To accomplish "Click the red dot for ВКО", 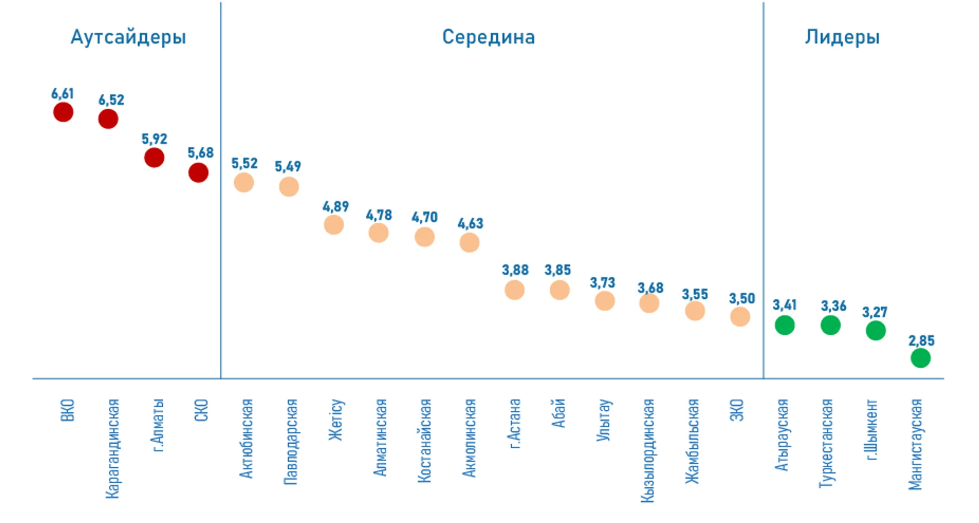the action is [x=63, y=112].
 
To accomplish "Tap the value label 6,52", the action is [x=111, y=100].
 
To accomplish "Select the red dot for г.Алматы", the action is [x=154, y=158].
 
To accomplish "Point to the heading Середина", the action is [x=489, y=37].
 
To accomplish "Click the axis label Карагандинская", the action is [x=112, y=449].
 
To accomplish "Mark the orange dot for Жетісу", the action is [x=334, y=225].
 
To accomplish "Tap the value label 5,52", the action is [x=244, y=163].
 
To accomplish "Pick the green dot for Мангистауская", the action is [x=921, y=358].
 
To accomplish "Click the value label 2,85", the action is [x=921, y=341].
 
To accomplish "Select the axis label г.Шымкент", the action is [x=872, y=430].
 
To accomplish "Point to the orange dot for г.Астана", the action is [x=514, y=290].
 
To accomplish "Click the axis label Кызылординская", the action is [x=648, y=451].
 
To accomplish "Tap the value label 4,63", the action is [x=470, y=223].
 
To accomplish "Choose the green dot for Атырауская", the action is [x=785, y=325].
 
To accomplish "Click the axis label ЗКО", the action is [x=737, y=410].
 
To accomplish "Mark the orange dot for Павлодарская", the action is [x=289, y=187].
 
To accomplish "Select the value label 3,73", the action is [x=602, y=283].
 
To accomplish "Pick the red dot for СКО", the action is [x=199, y=173].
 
